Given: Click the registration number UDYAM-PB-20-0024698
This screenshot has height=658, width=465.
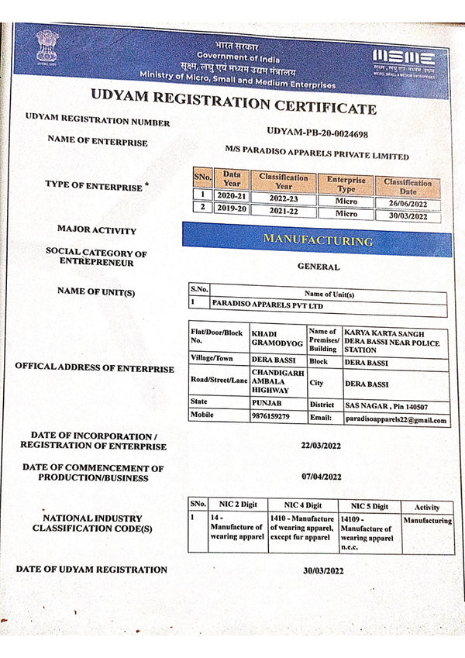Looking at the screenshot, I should [x=317, y=134].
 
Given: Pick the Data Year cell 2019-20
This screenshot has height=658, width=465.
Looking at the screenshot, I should [x=232, y=208].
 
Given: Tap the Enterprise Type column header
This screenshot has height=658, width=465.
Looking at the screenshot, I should [x=346, y=184].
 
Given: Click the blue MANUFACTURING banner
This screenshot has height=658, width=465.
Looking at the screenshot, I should [x=317, y=239].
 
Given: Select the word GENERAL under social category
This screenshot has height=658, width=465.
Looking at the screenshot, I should [x=319, y=267].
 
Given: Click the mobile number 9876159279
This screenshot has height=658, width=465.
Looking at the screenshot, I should [x=270, y=416].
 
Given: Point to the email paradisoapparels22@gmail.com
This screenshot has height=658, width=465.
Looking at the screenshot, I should [x=396, y=419].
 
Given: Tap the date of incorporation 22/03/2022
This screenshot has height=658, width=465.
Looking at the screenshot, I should [x=321, y=446].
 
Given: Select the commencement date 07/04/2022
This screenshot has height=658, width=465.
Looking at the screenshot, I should [x=322, y=477].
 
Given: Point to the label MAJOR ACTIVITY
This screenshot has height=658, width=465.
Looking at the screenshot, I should [x=96, y=230].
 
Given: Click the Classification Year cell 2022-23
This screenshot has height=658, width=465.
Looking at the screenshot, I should [x=284, y=198].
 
